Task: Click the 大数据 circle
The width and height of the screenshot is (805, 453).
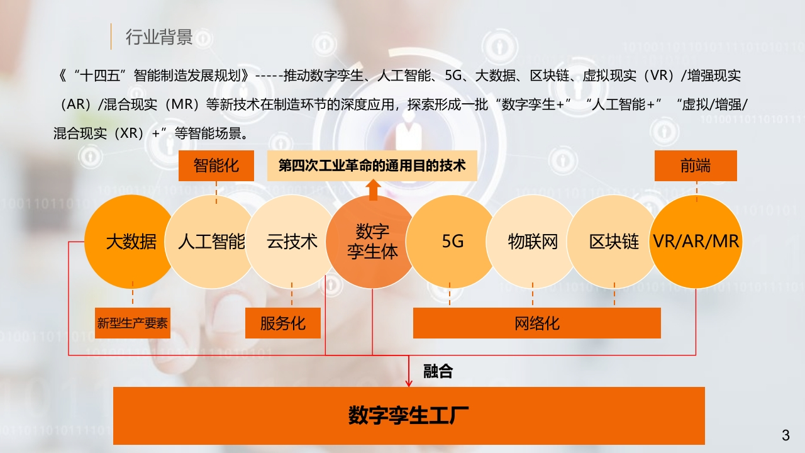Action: pyautogui.click(x=131, y=242)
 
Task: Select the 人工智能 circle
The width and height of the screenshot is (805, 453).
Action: pyautogui.click(x=212, y=242)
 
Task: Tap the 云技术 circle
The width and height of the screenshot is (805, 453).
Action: pyautogui.click(x=292, y=242)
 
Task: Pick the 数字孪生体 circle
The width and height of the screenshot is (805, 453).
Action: pyautogui.click(x=373, y=242)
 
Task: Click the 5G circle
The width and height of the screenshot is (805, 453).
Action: pyautogui.click(x=453, y=242)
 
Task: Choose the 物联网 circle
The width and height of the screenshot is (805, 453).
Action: pyautogui.click(x=533, y=242)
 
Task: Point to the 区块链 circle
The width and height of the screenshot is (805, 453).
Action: pyautogui.click(x=614, y=242)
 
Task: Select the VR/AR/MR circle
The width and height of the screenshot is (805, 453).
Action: pyautogui.click(x=696, y=242)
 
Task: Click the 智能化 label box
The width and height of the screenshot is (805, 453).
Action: pyautogui.click(x=216, y=165)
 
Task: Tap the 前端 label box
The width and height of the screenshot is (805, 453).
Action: pyautogui.click(x=696, y=165)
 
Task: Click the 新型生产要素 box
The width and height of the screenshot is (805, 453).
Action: pyautogui.click(x=133, y=323)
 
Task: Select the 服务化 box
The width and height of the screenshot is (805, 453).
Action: pyautogui.click(x=283, y=323)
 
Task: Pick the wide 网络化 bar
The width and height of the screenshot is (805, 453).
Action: pyautogui.click(x=537, y=323)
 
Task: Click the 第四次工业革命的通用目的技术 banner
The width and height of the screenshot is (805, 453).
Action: pyautogui.click(x=372, y=165)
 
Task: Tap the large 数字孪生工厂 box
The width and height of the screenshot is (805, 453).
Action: pyautogui.click(x=409, y=416)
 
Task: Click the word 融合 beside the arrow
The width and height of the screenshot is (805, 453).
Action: pyautogui.click(x=438, y=371)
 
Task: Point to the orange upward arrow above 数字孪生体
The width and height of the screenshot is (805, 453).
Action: pyautogui.click(x=373, y=189)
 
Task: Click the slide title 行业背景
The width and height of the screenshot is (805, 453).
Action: pyautogui.click(x=159, y=37)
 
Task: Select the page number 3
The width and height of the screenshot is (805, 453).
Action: pyautogui.click(x=786, y=435)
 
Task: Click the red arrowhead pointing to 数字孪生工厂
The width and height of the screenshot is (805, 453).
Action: pyautogui.click(x=409, y=383)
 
